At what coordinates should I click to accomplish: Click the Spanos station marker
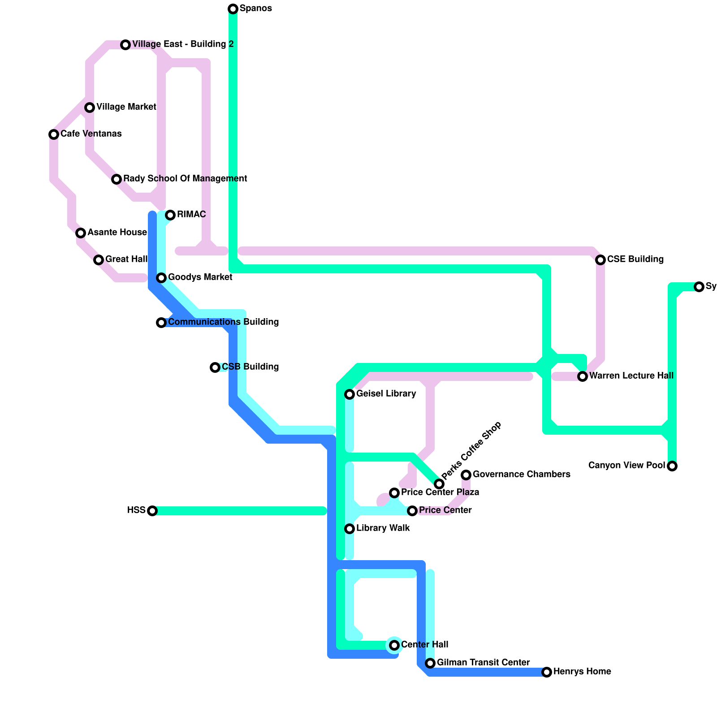tap(233, 9)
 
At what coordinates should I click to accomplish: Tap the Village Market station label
tap(126, 107)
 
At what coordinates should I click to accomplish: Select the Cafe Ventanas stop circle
tap(54, 134)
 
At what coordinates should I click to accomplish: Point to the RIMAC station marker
tap(170, 215)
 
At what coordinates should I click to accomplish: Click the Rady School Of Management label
tap(185, 179)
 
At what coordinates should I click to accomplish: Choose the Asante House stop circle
tap(81, 233)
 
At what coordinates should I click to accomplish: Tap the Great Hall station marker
tap(99, 260)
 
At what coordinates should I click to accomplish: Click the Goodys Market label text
tap(200, 277)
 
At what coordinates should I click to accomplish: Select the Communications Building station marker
tap(161, 323)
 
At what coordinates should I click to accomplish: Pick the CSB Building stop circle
tap(215, 367)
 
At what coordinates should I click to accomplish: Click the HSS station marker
tap(152, 511)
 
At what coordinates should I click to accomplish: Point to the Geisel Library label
tap(386, 394)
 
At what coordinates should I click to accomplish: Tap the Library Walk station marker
tap(350, 529)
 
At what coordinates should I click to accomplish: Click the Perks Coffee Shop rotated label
tap(471, 450)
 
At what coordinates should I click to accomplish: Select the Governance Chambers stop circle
tap(466, 475)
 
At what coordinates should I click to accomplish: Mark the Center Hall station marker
tap(394, 645)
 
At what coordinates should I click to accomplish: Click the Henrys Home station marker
tap(547, 672)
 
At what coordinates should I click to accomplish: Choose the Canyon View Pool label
tap(626, 466)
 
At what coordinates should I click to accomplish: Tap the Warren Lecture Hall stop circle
tap(583, 376)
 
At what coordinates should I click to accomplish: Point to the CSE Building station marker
tap(600, 260)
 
